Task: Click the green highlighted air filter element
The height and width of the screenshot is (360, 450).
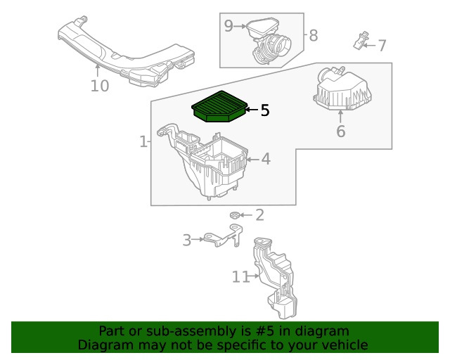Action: (219, 107)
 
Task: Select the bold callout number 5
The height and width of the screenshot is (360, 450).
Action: (265, 110)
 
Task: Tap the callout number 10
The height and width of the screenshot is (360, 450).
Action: (100, 86)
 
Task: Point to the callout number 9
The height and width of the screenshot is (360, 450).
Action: (229, 26)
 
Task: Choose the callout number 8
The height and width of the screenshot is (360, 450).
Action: (314, 36)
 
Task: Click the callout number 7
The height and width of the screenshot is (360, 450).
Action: (382, 46)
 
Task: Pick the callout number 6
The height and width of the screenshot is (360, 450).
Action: (340, 131)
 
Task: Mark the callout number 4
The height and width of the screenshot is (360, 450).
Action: (266, 159)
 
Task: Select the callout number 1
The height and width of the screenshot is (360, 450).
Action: (143, 142)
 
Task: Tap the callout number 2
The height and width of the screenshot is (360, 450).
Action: (259, 215)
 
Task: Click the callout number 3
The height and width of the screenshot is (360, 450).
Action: (187, 240)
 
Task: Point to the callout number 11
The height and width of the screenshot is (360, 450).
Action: (240, 277)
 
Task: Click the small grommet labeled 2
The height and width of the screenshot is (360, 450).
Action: (234, 215)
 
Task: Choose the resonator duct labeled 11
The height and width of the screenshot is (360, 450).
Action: (275, 278)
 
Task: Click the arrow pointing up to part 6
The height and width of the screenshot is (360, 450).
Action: (340, 117)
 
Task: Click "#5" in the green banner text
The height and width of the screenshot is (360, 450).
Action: (264, 331)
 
